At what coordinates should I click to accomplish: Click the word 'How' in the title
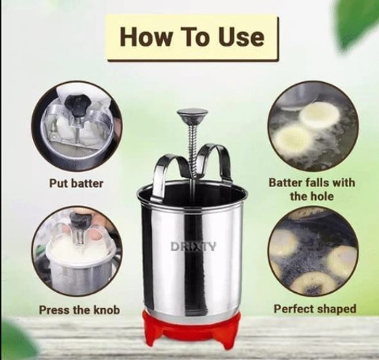pos(145,37)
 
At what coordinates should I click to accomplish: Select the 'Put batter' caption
pos(76,183)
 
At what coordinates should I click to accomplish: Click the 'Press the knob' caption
pos(79,309)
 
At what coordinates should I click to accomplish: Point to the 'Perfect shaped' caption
pos(315,309)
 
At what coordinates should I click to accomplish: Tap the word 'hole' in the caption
pos(322,196)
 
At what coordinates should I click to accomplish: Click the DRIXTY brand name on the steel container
pos(193,247)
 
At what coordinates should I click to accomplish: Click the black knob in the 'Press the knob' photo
pos(78,219)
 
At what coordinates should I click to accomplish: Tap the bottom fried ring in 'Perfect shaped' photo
pos(312,283)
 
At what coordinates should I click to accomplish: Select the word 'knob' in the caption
pos(107,309)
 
